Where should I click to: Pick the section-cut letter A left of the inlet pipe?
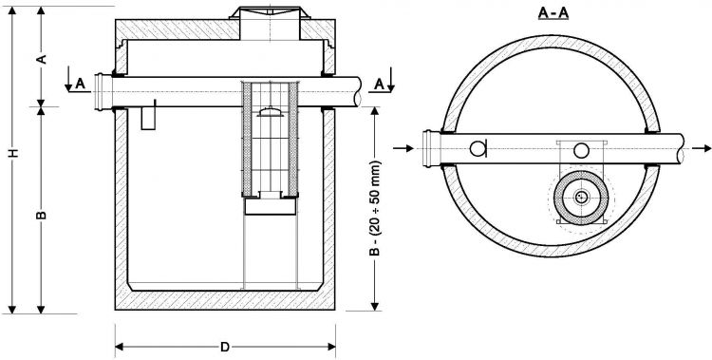coord(81,83)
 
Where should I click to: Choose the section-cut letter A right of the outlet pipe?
coord(379,83)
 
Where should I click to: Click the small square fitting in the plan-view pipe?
coord(580,149)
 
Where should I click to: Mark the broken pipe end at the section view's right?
coord(357,92)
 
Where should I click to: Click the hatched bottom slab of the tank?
coord(225,302)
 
